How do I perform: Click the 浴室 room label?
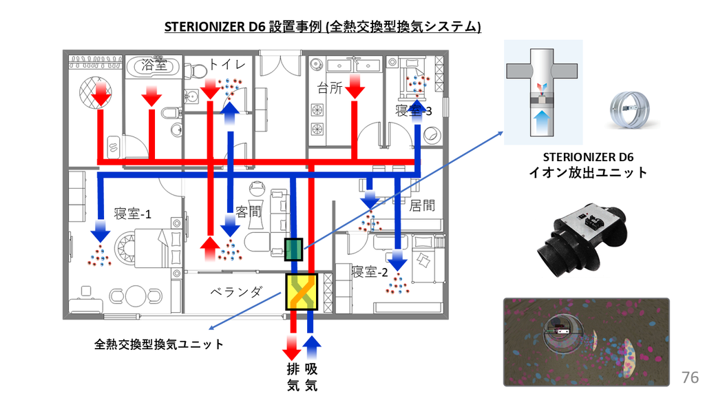(155, 65)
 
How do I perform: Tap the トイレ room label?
(227, 65)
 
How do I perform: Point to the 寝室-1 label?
(133, 214)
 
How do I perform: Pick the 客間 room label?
(249, 211)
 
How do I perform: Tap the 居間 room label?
(422, 205)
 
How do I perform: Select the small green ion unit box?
(293, 249)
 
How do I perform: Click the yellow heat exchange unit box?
(302, 291)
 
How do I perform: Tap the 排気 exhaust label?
(293, 378)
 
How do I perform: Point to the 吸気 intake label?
(311, 378)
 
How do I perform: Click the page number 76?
(690, 377)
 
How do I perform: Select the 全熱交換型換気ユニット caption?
(159, 344)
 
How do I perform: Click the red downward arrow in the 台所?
(355, 85)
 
